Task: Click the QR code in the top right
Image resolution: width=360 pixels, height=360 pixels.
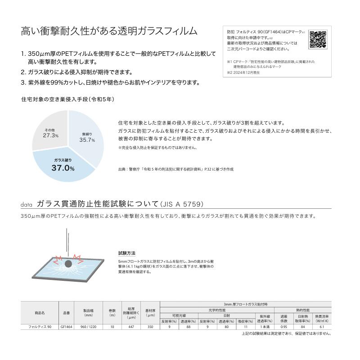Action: (x=318, y=39)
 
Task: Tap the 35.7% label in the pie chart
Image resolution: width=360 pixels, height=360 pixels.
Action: (x=87, y=139)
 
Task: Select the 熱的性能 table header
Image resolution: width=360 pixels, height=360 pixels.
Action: (x=302, y=310)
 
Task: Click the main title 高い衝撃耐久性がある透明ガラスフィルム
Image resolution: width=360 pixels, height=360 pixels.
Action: (x=109, y=31)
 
